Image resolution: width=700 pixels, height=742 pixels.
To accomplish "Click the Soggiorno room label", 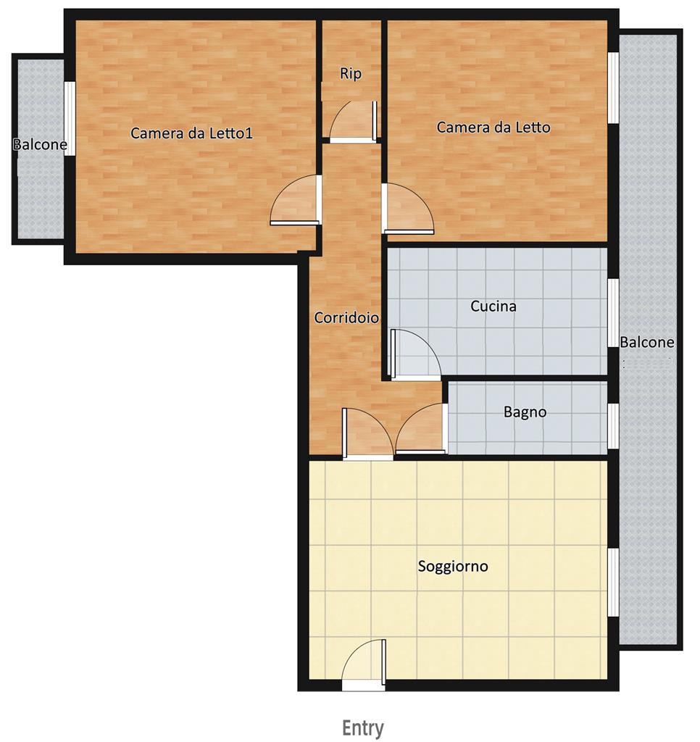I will (453, 566).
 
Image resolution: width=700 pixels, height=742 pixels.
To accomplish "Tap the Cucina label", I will (493, 306).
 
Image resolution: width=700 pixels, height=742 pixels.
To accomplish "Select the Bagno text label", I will (525, 412).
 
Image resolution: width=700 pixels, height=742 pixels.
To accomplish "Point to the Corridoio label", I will (346, 317).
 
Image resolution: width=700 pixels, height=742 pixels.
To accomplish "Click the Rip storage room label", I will (351, 74).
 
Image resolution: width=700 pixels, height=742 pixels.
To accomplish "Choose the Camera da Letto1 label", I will (191, 133).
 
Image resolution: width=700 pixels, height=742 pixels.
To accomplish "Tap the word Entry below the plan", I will (363, 728).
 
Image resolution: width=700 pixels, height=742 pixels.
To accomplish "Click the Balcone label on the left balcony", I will (40, 145).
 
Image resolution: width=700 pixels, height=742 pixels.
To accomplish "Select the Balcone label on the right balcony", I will (646, 343).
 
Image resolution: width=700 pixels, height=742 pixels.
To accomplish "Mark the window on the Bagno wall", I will (613, 425).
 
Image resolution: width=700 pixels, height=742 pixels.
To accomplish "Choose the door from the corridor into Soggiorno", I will (367, 435).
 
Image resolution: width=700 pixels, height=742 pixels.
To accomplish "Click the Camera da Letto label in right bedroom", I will (493, 128).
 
